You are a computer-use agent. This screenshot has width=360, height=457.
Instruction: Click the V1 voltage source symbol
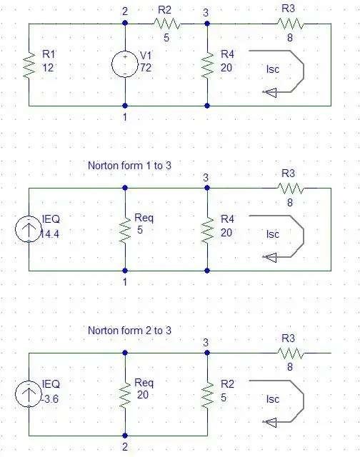(x=125, y=64)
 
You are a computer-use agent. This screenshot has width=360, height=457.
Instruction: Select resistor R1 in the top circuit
(x=29, y=65)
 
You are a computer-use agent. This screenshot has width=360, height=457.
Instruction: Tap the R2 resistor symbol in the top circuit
(x=166, y=24)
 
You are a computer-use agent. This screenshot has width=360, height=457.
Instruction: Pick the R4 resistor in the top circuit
(x=207, y=65)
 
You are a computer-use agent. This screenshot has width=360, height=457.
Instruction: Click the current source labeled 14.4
(x=29, y=230)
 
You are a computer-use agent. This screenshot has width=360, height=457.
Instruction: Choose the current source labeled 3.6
(x=29, y=394)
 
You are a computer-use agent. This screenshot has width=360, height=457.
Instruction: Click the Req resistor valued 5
(x=125, y=230)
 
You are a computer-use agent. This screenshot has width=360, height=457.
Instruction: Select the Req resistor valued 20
(x=125, y=394)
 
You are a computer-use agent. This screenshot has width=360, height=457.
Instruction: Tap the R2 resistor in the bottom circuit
(x=207, y=394)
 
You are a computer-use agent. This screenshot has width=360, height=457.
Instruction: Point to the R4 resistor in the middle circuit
(x=207, y=230)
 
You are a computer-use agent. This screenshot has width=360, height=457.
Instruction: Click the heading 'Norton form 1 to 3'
(x=129, y=166)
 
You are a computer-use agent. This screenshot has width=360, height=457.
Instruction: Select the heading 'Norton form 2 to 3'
(x=129, y=331)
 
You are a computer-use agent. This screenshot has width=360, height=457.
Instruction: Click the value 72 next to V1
(x=145, y=67)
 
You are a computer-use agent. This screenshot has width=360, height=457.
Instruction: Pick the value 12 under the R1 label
(x=48, y=67)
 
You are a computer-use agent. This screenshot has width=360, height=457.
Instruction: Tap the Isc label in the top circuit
(x=272, y=69)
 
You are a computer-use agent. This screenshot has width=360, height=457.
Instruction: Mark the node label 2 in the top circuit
(x=124, y=11)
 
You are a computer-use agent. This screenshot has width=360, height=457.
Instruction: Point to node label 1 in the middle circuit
(x=124, y=281)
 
